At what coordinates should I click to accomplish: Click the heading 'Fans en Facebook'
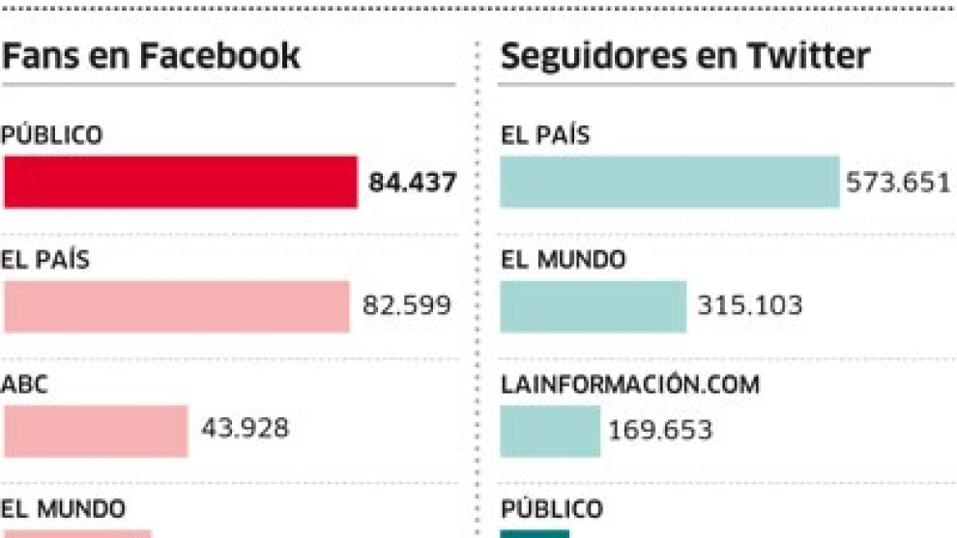click(x=151, y=56)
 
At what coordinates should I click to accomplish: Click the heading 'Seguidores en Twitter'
click(x=684, y=56)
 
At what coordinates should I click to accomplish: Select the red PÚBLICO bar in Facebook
click(x=181, y=182)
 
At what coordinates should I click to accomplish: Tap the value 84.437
click(x=412, y=182)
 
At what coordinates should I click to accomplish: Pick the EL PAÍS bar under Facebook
click(x=176, y=306)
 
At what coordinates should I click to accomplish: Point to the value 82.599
click(x=406, y=306)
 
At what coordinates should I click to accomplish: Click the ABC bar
click(x=96, y=430)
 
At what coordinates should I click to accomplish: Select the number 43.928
click(x=244, y=428)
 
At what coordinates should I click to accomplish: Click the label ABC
click(x=24, y=384)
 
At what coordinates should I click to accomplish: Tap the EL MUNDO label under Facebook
click(x=63, y=508)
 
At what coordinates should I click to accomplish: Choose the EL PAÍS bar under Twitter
click(x=670, y=182)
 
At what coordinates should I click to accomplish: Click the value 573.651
click(x=898, y=182)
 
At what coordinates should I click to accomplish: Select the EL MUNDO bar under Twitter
click(x=593, y=306)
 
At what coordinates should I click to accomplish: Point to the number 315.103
click(x=750, y=306)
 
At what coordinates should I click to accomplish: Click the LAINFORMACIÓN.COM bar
click(x=550, y=430)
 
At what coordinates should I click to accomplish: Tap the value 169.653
click(x=660, y=429)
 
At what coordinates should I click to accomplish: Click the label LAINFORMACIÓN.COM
click(x=629, y=384)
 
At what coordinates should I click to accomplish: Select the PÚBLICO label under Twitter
click(x=551, y=509)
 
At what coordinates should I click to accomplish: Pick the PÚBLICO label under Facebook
click(x=51, y=136)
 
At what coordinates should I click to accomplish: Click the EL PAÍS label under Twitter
click(x=545, y=136)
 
